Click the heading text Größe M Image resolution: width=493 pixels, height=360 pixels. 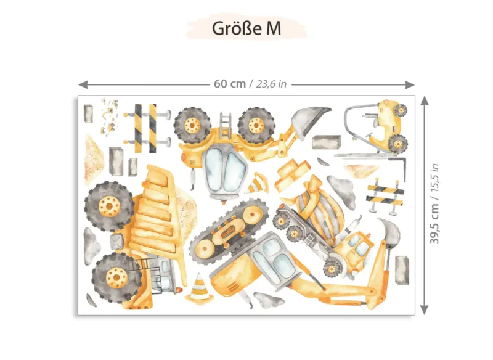click(x=246, y=28)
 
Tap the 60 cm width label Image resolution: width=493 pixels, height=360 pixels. click(x=230, y=84)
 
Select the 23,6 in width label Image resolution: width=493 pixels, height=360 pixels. click(x=271, y=84)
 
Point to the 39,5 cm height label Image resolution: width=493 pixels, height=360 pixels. click(x=434, y=224)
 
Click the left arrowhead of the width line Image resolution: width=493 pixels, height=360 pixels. click(x=83, y=84)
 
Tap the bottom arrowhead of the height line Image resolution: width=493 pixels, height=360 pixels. click(x=425, y=309)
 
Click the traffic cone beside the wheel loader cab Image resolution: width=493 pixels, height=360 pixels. click(x=258, y=182)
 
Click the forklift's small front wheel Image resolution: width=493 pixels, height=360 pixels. click(x=401, y=110)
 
